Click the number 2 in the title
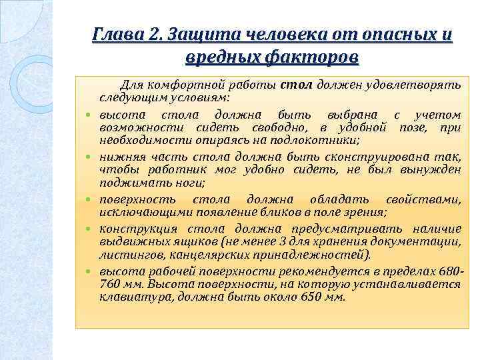pyautogui.click(x=158, y=33)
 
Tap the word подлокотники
pyautogui.click(x=319, y=139)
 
